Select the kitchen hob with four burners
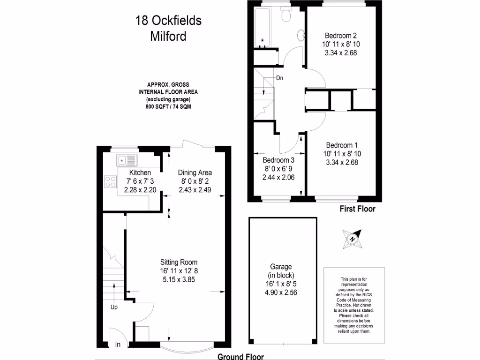coord(111,181)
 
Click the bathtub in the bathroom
coord(264,28)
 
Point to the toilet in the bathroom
coord(286,15)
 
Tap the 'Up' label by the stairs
coord(113,307)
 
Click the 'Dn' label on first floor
coord(279,78)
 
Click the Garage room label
coord(281,266)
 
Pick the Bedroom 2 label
coord(341,36)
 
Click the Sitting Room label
coord(179,262)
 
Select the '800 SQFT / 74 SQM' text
coord(168,107)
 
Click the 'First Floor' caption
coord(357,209)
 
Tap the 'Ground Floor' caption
coord(240,356)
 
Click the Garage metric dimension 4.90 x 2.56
coord(281,292)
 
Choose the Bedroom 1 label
coord(341,145)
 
